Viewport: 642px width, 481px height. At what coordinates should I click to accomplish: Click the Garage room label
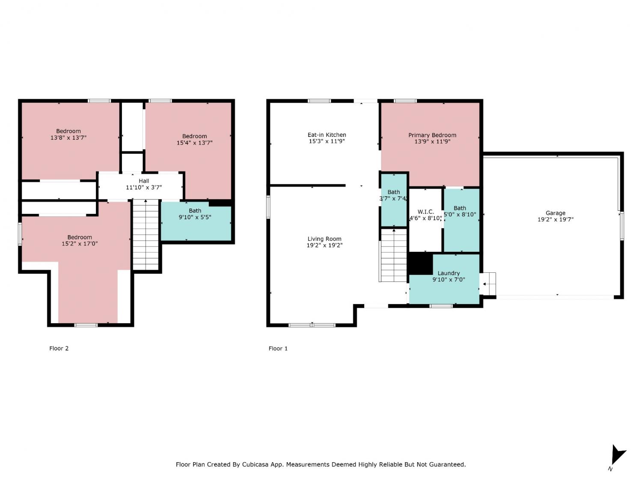pos(556,213)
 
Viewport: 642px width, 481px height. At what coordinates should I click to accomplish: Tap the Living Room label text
pos(324,239)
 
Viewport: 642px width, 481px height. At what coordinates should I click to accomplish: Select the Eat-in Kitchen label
pos(327,135)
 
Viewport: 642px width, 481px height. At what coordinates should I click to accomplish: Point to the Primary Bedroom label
pos(432,135)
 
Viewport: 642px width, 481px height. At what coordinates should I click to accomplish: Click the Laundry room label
pos(449,273)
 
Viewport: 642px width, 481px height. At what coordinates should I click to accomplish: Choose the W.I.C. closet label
pos(425,212)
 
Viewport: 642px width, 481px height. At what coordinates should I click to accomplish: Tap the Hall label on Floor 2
pos(144,181)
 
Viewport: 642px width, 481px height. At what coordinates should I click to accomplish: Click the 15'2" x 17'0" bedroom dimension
pos(80,244)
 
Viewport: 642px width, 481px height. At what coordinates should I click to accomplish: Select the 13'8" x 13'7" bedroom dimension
pos(68,138)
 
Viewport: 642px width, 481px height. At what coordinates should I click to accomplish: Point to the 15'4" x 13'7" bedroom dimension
pos(194,143)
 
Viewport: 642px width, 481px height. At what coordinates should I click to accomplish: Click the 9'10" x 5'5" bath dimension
pos(195,217)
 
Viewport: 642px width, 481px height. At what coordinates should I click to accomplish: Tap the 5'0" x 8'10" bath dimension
pos(460,214)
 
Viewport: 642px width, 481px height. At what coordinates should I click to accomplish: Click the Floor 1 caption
pos(278,348)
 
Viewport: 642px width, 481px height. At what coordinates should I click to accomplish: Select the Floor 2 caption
pos(59,348)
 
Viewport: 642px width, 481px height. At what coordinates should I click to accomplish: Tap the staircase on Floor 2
pos(146,235)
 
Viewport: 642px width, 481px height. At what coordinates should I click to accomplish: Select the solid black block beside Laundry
pos(420,263)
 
